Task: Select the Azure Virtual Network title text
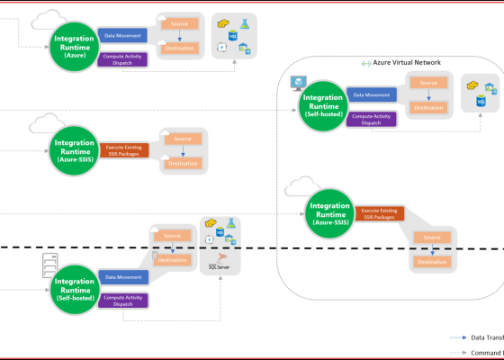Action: (x=407, y=64)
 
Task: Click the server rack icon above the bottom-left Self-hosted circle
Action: (x=50, y=265)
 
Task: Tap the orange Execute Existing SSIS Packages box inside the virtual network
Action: (x=378, y=214)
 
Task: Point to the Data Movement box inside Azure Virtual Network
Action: (x=371, y=94)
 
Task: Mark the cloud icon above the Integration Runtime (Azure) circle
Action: (x=46, y=18)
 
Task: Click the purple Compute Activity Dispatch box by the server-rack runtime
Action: (x=122, y=300)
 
